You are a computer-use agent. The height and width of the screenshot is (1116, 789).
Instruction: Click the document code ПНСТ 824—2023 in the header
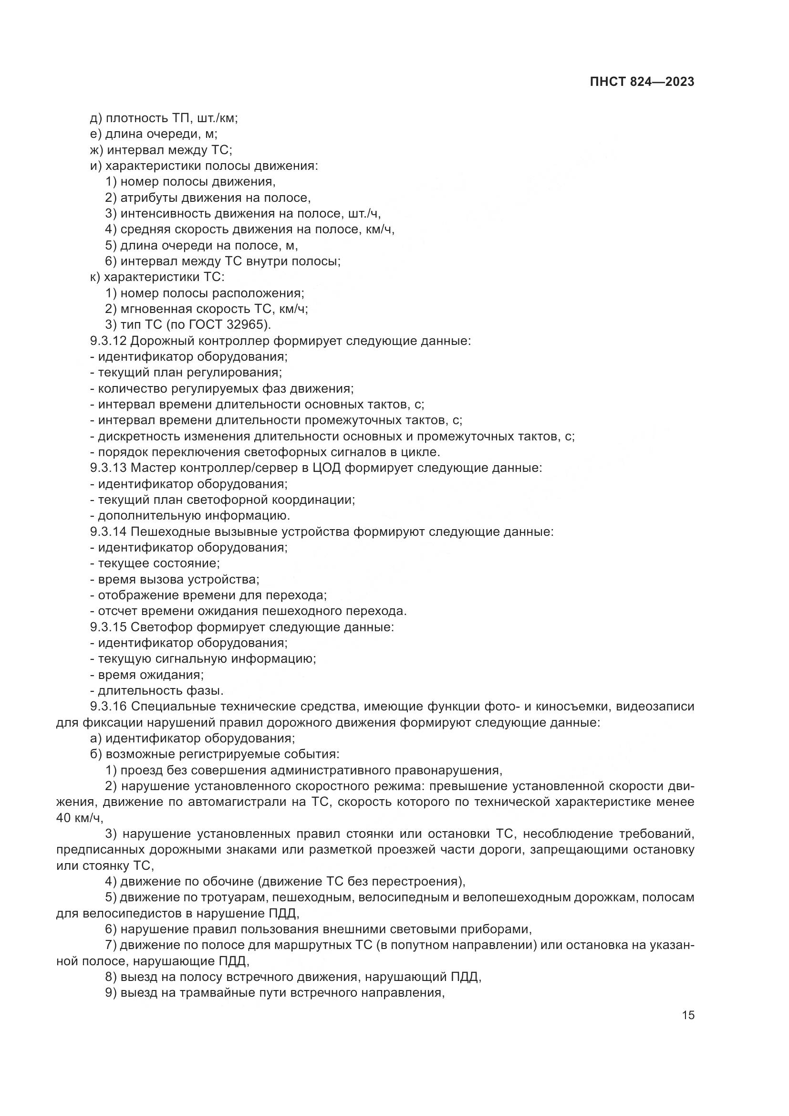pyautogui.click(x=642, y=82)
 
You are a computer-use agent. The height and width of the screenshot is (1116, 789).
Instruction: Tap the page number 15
pyautogui.click(x=688, y=1015)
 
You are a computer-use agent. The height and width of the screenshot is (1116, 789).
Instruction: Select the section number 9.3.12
pyautogui.click(x=108, y=341)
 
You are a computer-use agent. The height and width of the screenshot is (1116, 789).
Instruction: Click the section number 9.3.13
pyautogui.click(x=108, y=468)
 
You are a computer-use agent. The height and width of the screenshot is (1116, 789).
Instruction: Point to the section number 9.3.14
pyautogui.click(x=108, y=532)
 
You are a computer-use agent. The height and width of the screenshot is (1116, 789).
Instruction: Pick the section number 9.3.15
pyautogui.click(x=108, y=627)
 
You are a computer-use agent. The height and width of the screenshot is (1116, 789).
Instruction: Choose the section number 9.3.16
pyautogui.click(x=108, y=707)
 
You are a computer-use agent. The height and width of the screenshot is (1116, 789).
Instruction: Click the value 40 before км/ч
pyautogui.click(x=63, y=818)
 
